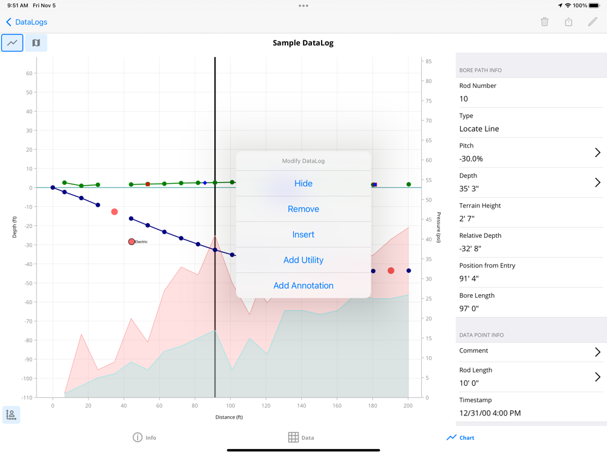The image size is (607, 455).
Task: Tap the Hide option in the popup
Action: tap(303, 183)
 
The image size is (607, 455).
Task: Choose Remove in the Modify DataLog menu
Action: tap(303, 209)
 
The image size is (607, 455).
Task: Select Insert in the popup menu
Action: tap(303, 234)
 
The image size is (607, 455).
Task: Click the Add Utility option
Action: tap(303, 260)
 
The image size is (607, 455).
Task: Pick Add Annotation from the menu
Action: tap(303, 285)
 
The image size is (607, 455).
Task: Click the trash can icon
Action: tap(544, 22)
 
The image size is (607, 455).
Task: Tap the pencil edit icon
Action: tap(592, 22)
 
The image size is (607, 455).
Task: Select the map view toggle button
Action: tap(36, 43)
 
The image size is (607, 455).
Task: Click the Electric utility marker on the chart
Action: tap(132, 241)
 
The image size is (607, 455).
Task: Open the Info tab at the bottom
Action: tap(144, 437)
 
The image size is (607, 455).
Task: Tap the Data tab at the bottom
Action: tap(301, 437)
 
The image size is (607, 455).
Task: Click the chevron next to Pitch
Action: tap(597, 152)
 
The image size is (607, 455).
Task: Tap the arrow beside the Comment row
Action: tap(597, 351)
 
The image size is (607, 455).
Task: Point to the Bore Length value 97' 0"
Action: tap(469, 308)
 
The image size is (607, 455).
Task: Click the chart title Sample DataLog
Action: tap(303, 43)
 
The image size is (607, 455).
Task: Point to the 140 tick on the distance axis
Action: tap(301, 405)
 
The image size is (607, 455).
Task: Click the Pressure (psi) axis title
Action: tap(438, 227)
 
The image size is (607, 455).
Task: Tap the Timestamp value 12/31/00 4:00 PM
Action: tap(490, 413)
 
